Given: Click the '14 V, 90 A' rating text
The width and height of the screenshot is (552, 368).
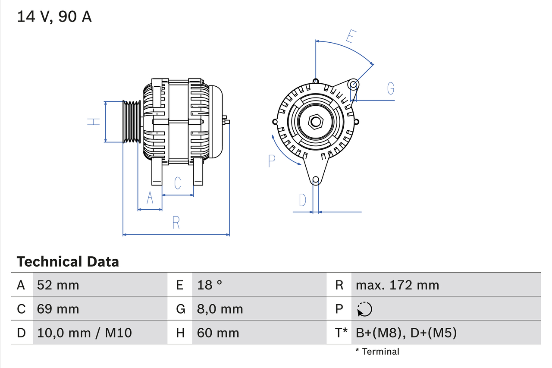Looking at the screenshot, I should point(54,17).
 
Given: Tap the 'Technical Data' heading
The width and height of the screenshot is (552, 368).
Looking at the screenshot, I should point(68,261).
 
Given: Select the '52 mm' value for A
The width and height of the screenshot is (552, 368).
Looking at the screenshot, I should point(58,285).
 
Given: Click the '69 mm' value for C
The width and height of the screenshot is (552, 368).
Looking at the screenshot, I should point(58,309).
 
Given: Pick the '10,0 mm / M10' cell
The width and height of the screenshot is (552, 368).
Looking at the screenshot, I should point(85,333).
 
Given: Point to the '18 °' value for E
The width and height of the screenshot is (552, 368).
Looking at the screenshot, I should point(210,285).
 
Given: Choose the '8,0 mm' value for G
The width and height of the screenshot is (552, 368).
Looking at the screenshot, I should point(220,309).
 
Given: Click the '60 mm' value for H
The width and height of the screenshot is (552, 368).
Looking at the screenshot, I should point(218,333).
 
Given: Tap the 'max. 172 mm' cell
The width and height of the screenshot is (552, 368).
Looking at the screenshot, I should point(397,285).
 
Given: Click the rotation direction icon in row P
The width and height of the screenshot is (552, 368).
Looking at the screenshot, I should point(364,309).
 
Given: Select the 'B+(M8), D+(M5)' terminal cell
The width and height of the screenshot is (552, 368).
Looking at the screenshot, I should point(406,333).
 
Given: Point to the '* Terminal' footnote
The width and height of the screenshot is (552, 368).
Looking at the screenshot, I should point(377,352).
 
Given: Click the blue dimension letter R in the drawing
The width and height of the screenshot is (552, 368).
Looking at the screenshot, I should point(176,223).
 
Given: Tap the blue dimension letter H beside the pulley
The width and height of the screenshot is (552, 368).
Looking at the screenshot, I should point(93,122).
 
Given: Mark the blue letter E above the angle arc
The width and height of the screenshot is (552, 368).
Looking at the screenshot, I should point(351,37).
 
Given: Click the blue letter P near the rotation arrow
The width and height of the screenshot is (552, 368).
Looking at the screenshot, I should point(272,161).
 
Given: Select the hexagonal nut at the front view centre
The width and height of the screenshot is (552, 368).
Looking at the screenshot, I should point(316,122).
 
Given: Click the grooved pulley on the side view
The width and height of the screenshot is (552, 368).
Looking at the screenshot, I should point(132,122).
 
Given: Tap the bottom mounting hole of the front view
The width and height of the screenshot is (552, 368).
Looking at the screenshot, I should point(316,179).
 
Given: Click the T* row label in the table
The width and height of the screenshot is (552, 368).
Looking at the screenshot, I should point(342,333).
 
